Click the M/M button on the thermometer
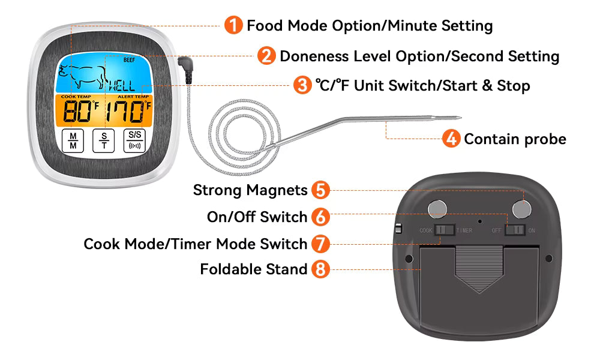tap(73, 141)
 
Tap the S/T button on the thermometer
tap(103, 141)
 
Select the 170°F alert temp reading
tap(128, 112)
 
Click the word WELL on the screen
tap(121, 86)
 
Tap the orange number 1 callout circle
tap(233, 25)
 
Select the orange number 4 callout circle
tap(451, 139)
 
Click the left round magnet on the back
tap(437, 208)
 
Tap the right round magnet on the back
tap(523, 208)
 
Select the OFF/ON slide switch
tap(515, 230)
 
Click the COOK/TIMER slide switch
tap(445, 230)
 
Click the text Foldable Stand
tap(254, 269)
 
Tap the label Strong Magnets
tap(250, 190)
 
